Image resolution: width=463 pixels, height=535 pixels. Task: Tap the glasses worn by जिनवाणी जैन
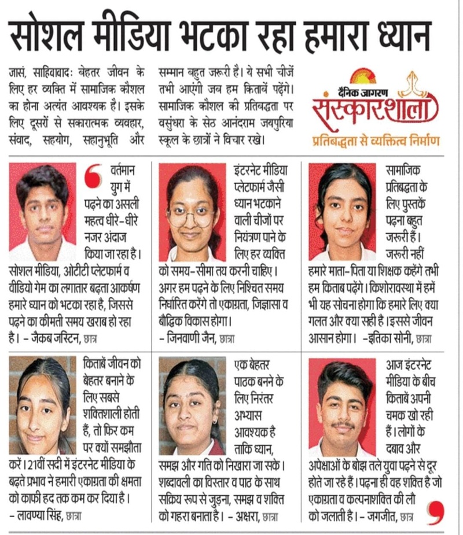[190, 217]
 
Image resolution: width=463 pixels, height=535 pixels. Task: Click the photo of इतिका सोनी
[342, 211]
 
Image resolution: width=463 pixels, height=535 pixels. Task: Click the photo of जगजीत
[342, 405]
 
